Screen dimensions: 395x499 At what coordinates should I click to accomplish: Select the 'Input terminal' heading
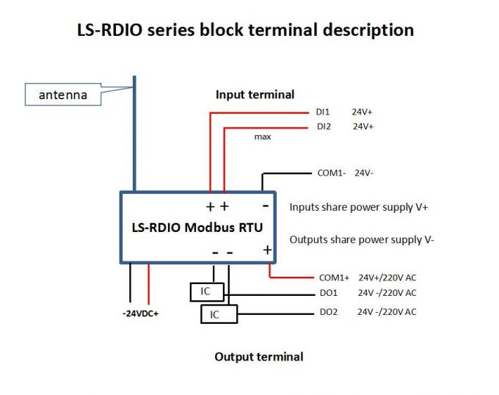point(255,95)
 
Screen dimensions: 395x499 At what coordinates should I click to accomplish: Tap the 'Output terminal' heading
point(258,357)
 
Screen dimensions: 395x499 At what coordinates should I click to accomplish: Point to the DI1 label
point(323,113)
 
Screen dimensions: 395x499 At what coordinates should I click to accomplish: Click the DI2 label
point(323,126)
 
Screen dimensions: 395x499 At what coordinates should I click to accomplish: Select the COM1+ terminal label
point(334,278)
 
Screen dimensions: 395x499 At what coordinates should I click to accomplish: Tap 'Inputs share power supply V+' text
point(358,207)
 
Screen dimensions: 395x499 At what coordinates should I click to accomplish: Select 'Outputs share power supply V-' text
point(362,239)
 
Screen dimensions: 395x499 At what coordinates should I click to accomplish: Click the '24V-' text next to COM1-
point(365,173)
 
